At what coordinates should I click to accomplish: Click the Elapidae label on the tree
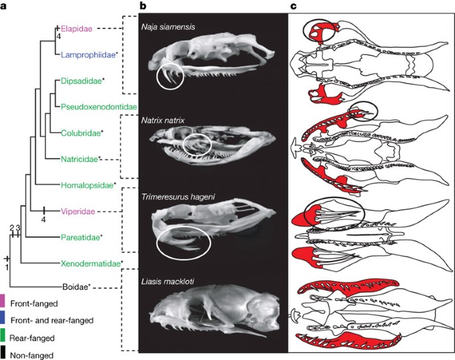(x=76, y=29)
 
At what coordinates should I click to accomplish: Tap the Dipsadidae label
(x=80, y=81)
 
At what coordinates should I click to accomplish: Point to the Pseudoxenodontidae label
(x=98, y=107)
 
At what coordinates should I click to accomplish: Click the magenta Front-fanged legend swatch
(x=3, y=304)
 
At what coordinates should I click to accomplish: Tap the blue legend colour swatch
(x=3, y=319)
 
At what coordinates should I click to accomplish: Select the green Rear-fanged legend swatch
(x=3, y=336)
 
